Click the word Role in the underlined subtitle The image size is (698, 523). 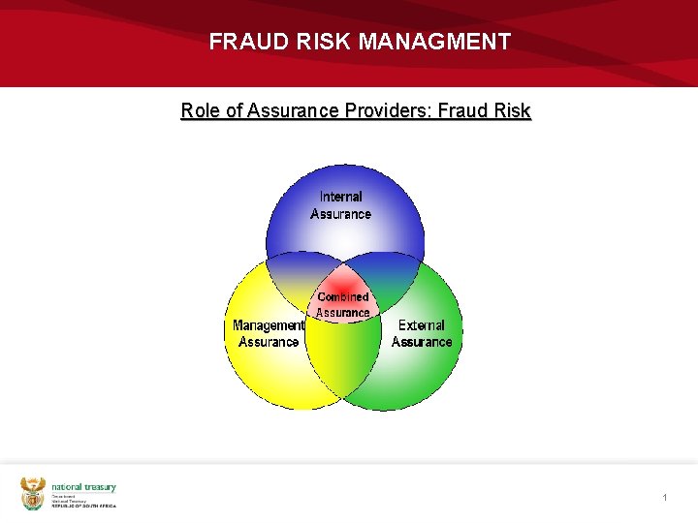(x=201, y=110)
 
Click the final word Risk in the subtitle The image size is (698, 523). (x=512, y=110)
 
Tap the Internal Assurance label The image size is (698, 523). (x=340, y=205)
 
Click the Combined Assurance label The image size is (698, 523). (x=343, y=305)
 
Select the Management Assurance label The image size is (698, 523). (x=269, y=333)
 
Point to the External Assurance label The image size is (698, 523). (x=422, y=333)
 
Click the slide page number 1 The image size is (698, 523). (x=665, y=497)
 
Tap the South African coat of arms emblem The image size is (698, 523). (x=33, y=493)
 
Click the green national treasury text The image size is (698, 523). (x=83, y=487)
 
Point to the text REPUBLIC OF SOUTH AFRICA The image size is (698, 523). (x=83, y=506)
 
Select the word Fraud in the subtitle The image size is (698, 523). (x=461, y=110)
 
